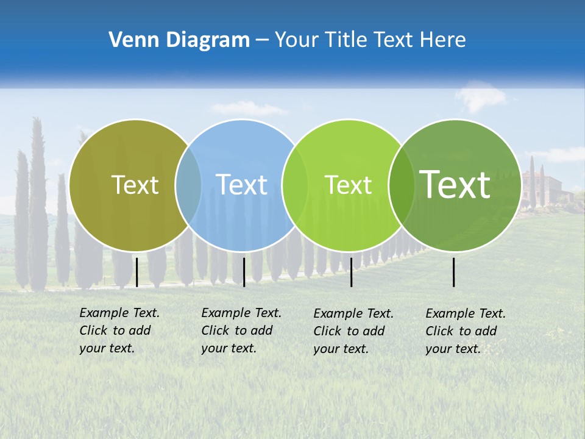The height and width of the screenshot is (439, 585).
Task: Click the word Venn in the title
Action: (129, 40)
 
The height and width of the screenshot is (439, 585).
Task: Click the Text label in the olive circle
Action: (135, 185)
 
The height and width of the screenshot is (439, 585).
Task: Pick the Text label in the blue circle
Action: (242, 185)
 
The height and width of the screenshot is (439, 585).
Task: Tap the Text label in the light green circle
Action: (348, 185)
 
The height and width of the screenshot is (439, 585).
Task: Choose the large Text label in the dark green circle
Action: (455, 184)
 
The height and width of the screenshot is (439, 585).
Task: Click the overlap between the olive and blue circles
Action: (188, 185)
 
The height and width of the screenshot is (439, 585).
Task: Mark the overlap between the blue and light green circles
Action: (294, 185)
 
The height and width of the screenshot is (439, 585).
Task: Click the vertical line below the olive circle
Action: (136, 272)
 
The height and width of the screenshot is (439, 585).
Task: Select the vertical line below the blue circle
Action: (244, 272)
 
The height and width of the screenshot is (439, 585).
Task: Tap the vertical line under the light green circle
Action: (351, 272)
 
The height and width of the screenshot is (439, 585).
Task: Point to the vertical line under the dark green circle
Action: (454, 272)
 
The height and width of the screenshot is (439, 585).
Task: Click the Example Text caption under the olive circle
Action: (119, 330)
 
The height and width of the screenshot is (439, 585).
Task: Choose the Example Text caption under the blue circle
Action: (241, 330)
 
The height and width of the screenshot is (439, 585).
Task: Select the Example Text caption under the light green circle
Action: (353, 331)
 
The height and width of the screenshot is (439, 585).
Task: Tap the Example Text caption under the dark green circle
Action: (466, 331)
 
